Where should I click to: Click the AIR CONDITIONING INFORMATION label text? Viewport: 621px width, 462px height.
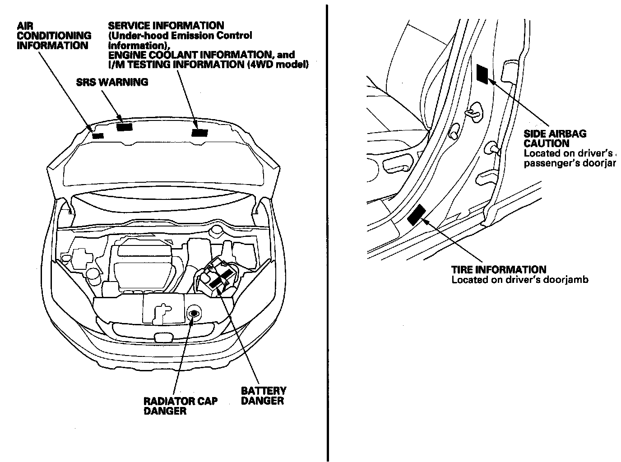point(53,36)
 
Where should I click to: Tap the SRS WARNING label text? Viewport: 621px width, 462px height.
point(111,82)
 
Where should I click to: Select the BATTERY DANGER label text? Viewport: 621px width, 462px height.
point(263,396)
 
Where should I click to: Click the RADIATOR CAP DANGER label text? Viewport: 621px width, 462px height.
point(181,406)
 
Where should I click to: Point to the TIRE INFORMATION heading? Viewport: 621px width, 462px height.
point(499,270)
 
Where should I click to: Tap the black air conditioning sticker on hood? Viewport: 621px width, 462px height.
point(97,135)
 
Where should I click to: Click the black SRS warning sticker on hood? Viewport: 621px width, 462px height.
point(124,127)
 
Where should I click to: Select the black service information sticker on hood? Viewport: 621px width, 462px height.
point(199,132)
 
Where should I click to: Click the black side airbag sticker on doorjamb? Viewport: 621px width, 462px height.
point(482,74)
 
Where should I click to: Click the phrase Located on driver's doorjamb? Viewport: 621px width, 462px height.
point(520,280)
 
